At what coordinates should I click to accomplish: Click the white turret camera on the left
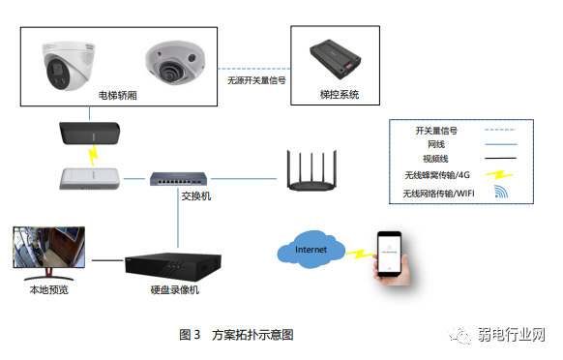click(68, 64)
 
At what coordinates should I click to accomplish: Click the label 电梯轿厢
click(118, 96)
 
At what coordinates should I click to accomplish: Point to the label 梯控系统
click(339, 96)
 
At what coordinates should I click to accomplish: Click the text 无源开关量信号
click(256, 81)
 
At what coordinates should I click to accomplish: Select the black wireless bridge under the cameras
click(90, 133)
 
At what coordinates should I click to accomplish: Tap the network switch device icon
click(178, 178)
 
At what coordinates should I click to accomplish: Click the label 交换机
click(195, 196)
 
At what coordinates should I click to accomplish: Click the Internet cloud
click(311, 251)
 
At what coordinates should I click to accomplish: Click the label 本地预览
click(49, 289)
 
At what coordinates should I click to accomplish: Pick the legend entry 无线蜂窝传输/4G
click(438, 175)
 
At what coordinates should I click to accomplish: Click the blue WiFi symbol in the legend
click(501, 193)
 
